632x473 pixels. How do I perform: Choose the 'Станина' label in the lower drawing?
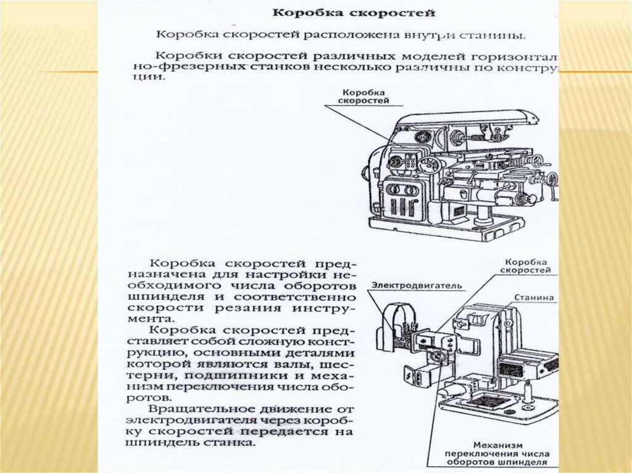[534, 298]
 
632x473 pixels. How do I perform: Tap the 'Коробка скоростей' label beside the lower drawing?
[525, 266]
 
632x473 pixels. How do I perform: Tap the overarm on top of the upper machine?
[469, 119]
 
